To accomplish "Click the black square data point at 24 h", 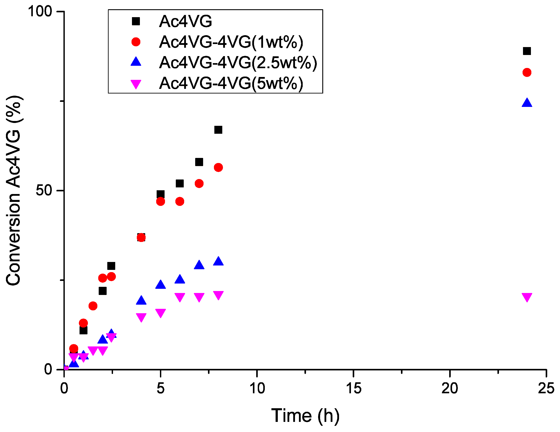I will (527, 51).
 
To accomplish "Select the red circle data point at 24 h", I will (527, 72).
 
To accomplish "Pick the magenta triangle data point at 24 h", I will (527, 297).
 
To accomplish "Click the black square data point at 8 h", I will (218, 130).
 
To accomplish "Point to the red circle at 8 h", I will (218, 167).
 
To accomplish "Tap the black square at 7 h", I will (199, 162).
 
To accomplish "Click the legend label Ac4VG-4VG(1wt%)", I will (231, 42).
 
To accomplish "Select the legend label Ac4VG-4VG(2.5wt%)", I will (238, 62).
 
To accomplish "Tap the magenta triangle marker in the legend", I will (136, 84).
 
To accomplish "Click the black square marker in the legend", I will (136, 21).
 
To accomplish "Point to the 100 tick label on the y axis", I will (40, 11).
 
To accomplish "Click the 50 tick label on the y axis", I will (44, 190).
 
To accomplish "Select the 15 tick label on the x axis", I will (353, 388).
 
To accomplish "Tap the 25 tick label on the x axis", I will (546, 388).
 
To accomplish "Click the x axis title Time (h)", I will (305, 415).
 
